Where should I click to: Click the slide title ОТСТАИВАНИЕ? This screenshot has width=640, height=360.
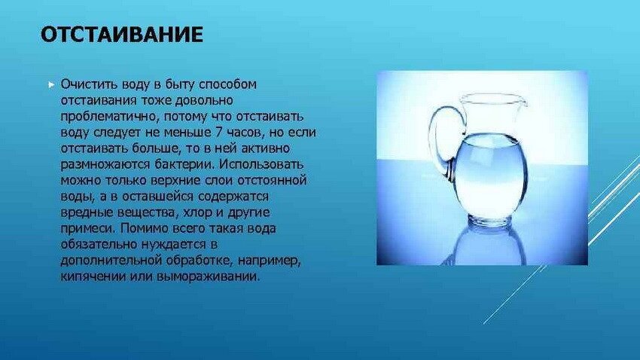(x=122, y=35)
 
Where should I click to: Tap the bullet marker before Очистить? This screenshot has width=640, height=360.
(x=51, y=85)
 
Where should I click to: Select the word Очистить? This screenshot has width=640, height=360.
(x=84, y=84)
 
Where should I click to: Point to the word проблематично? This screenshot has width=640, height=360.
(x=110, y=116)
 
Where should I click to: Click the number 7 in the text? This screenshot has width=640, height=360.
(x=218, y=133)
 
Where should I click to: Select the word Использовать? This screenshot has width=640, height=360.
(x=261, y=164)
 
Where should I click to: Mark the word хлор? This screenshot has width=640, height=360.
(x=198, y=212)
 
